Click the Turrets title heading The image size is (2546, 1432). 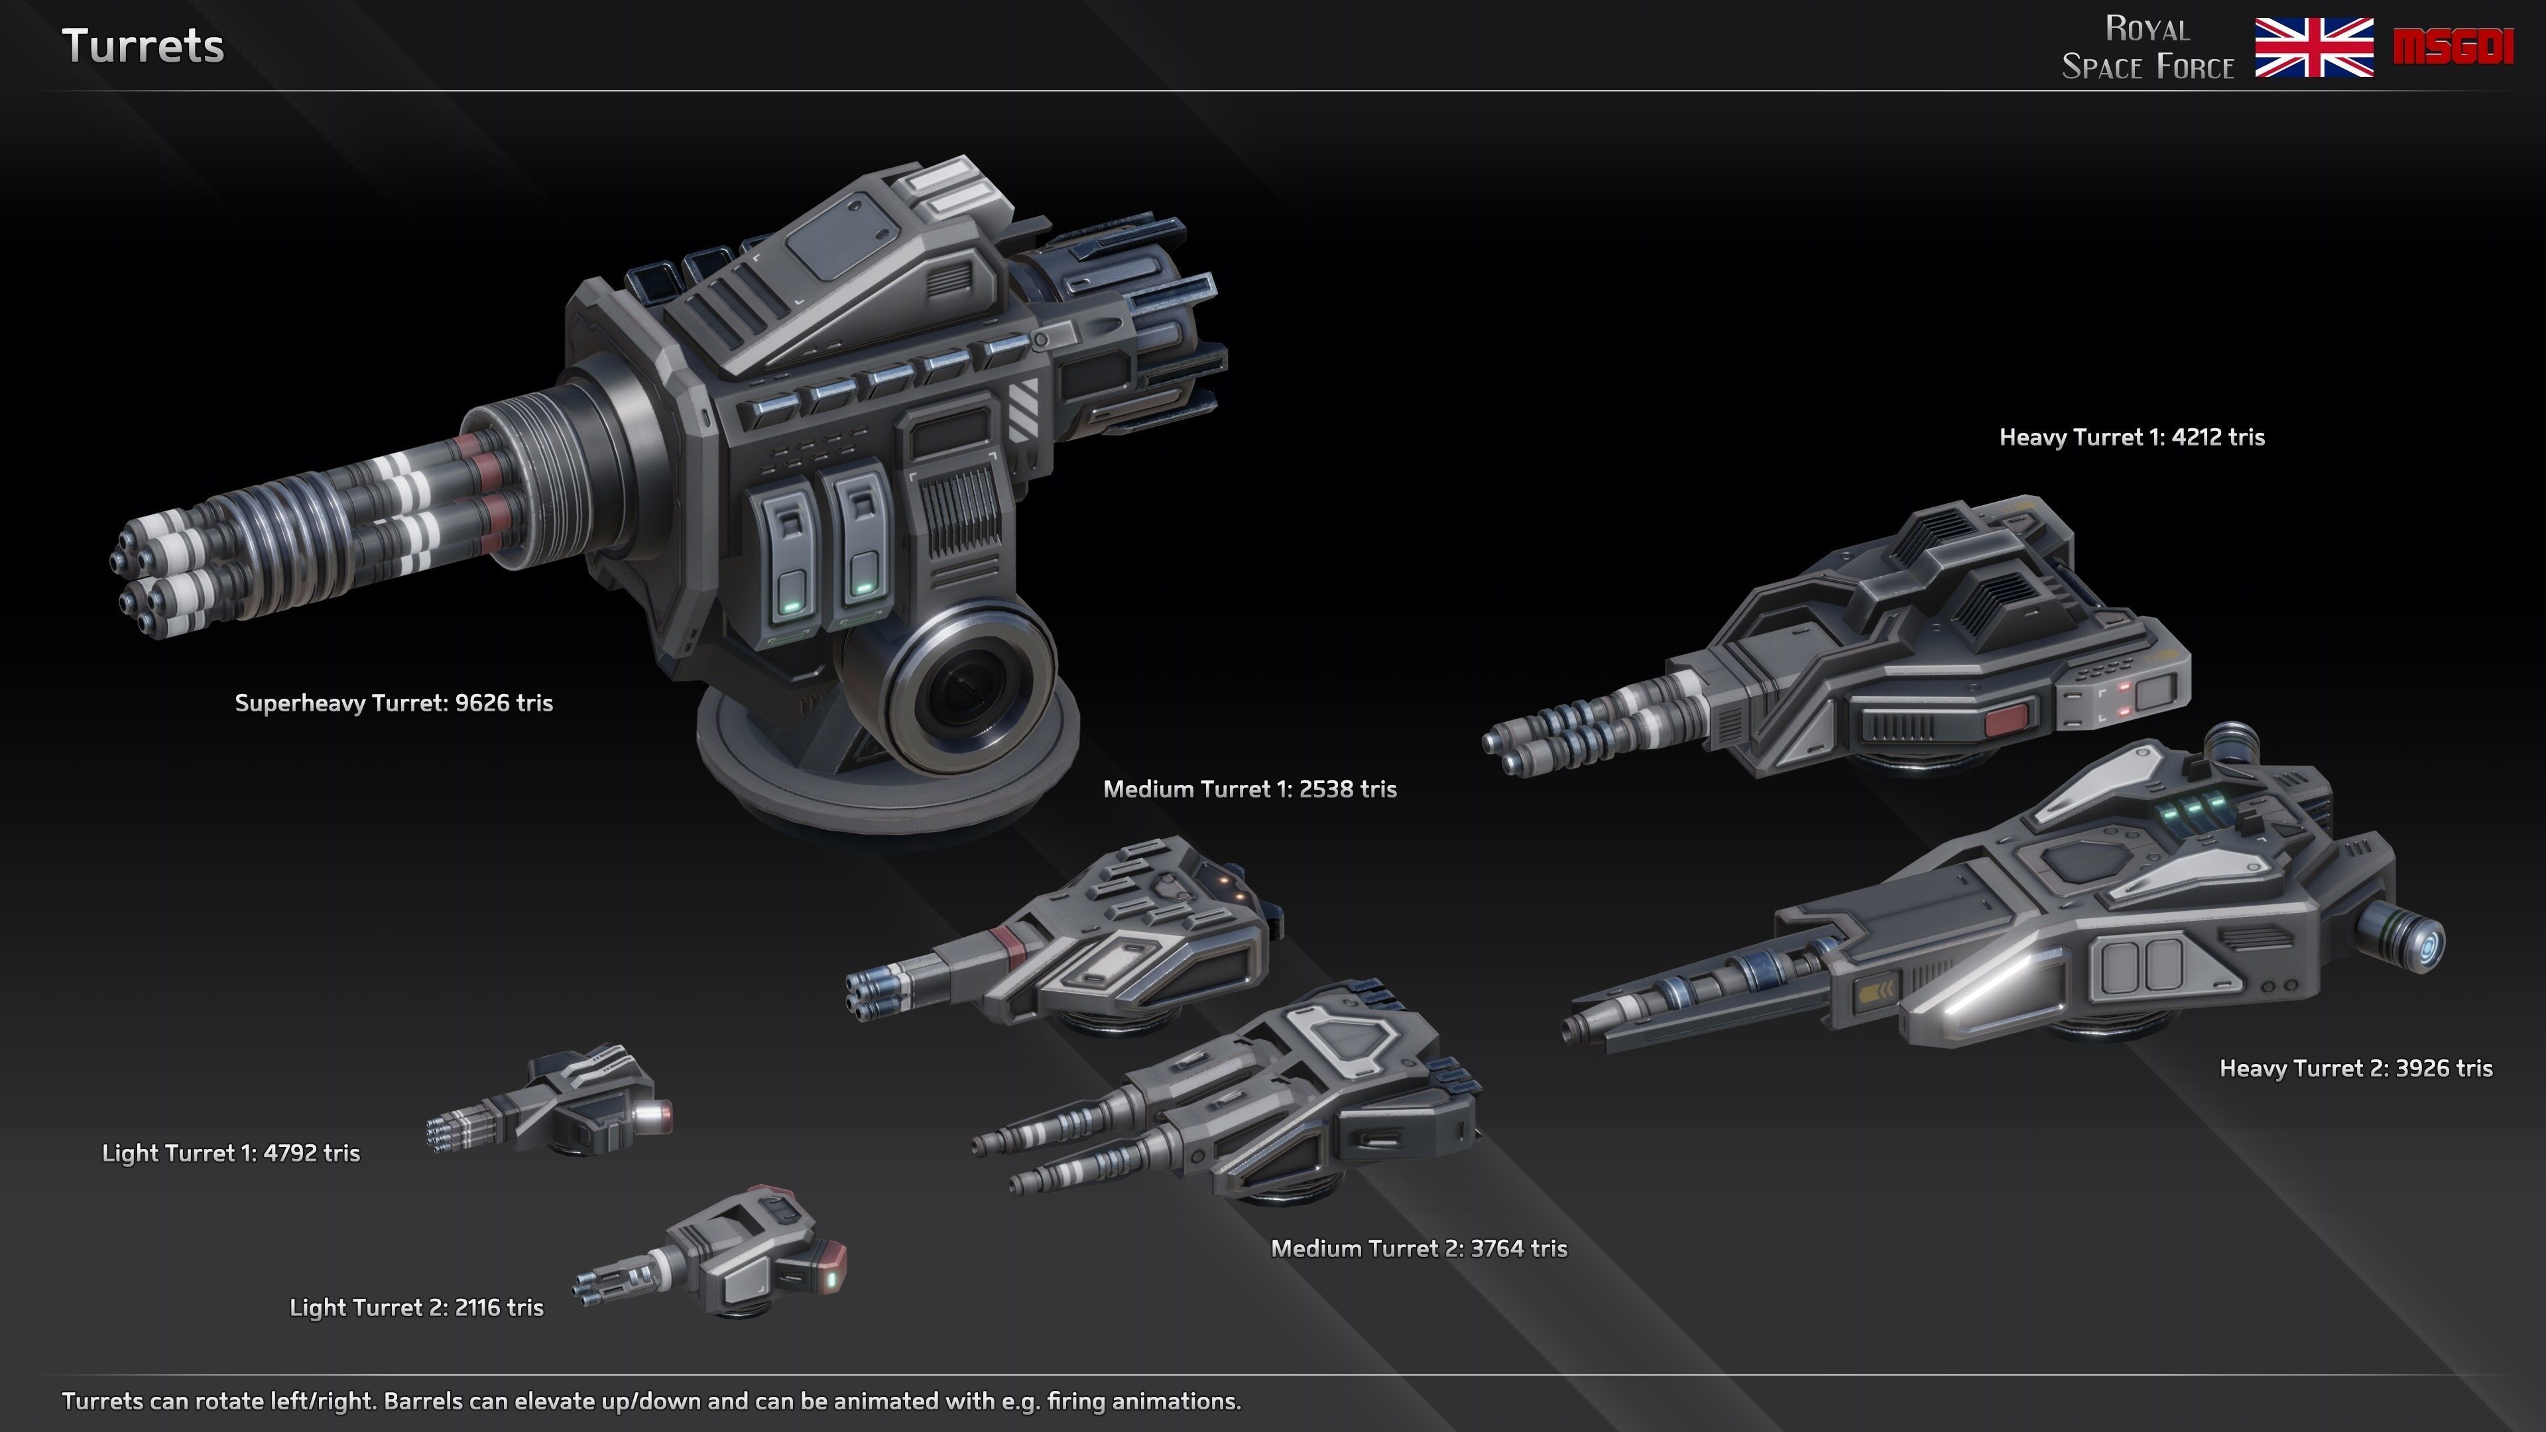click(143, 46)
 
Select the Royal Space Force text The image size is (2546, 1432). click(2148, 48)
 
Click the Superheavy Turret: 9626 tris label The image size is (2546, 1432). click(393, 703)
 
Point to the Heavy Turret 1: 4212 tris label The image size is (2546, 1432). click(2131, 437)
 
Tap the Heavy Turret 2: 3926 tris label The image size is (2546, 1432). click(2355, 1067)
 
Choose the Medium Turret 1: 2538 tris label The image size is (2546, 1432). click(1249, 789)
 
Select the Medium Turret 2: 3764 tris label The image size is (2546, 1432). click(1418, 1248)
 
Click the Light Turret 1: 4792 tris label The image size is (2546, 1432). click(230, 1152)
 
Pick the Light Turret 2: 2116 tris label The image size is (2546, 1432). click(416, 1307)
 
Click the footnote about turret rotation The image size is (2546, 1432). click(651, 1400)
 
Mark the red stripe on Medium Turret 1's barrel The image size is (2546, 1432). click(1010, 946)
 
